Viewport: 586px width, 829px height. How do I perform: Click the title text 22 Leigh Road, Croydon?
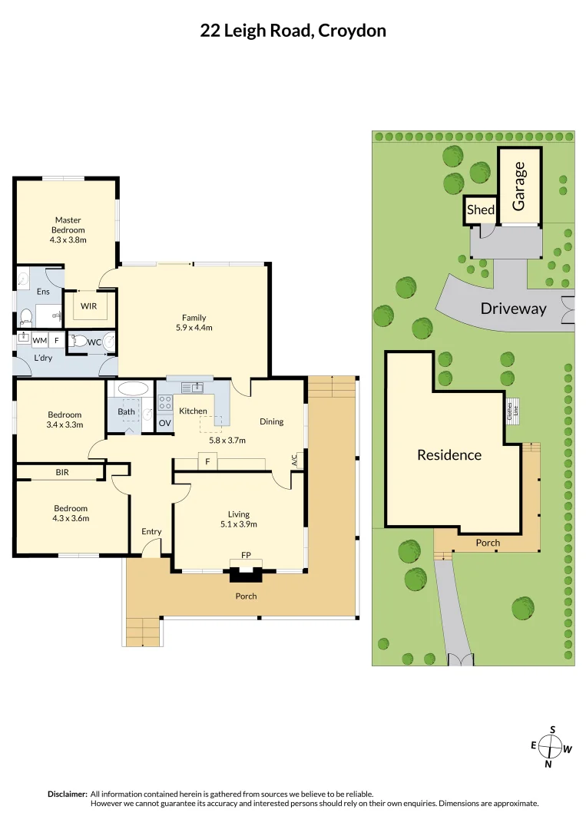(x=293, y=31)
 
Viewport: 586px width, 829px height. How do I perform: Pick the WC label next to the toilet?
(x=94, y=341)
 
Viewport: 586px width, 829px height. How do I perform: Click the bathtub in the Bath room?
(x=134, y=388)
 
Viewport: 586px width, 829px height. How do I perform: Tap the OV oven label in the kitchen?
(x=165, y=423)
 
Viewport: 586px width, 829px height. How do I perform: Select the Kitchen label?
(x=193, y=411)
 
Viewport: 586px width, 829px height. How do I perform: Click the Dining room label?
(x=271, y=421)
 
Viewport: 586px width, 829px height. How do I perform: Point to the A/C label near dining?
(x=294, y=460)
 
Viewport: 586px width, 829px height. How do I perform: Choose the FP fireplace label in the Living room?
(x=246, y=554)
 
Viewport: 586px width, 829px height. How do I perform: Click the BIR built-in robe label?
(x=61, y=472)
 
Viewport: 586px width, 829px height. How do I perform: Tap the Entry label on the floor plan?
(x=151, y=531)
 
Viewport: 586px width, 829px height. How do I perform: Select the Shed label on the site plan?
(x=481, y=210)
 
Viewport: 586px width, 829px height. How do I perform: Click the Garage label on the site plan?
(x=519, y=186)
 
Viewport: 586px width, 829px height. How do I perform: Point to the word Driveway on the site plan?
(x=513, y=309)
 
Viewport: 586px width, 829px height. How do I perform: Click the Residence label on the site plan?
(x=449, y=454)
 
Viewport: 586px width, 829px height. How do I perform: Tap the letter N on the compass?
(x=548, y=764)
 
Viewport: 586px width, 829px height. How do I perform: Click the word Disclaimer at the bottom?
(x=67, y=794)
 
